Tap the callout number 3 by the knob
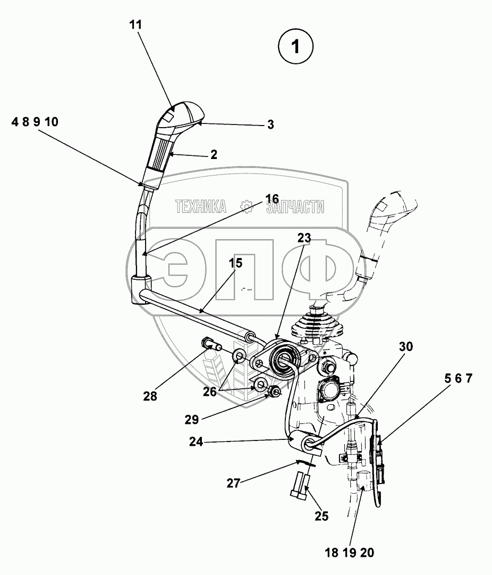[x=270, y=125]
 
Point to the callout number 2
[x=214, y=155]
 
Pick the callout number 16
[x=272, y=199]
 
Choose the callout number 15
[x=235, y=262]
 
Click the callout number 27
[x=234, y=484]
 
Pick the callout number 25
[x=321, y=515]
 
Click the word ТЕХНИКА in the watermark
[x=201, y=207]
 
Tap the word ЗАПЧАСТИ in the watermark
[x=295, y=207]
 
